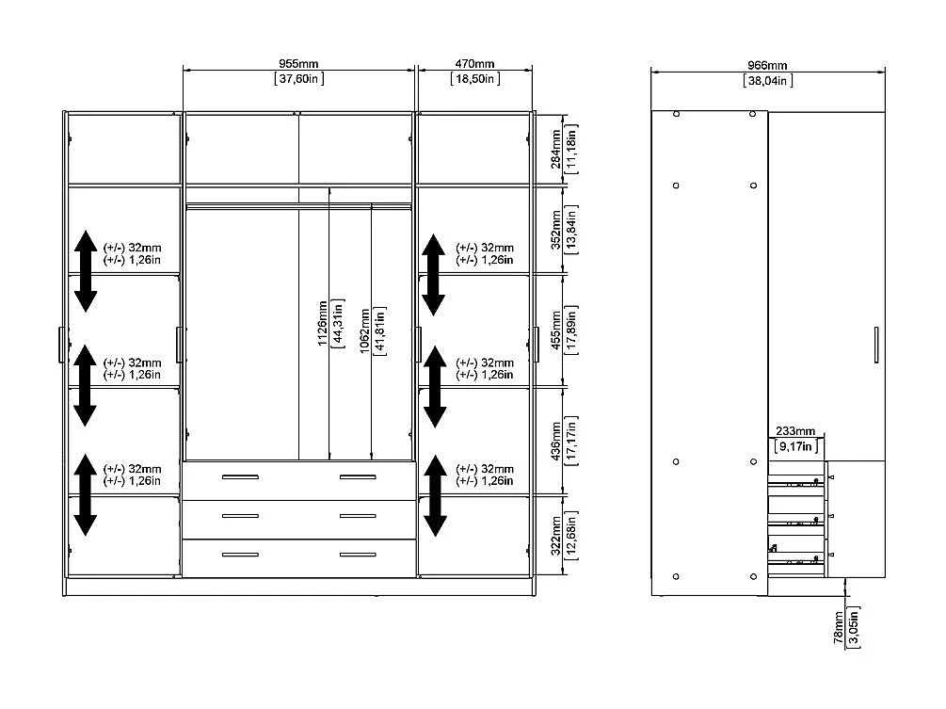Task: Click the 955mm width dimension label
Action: coord(298,64)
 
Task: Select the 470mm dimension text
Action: coord(474,64)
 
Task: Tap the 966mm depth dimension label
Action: coord(767,66)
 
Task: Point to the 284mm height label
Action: coord(555,150)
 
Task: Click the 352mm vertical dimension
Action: coord(555,230)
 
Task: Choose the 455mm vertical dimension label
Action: coord(555,330)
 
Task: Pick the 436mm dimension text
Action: coord(555,441)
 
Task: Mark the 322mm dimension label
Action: coord(555,536)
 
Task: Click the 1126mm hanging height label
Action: coord(323,323)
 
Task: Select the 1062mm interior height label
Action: coord(365,331)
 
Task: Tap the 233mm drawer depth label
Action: coord(795,431)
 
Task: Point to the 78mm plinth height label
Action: coord(839,627)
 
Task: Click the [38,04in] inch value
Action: coord(767,81)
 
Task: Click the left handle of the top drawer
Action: coord(240,477)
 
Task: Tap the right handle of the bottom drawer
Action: coord(358,556)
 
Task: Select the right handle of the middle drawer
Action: coord(358,517)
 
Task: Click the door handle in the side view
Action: coord(876,345)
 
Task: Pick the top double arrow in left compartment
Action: coord(86,271)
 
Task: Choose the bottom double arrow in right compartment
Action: coord(435,495)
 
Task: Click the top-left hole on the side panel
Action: coord(676,114)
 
